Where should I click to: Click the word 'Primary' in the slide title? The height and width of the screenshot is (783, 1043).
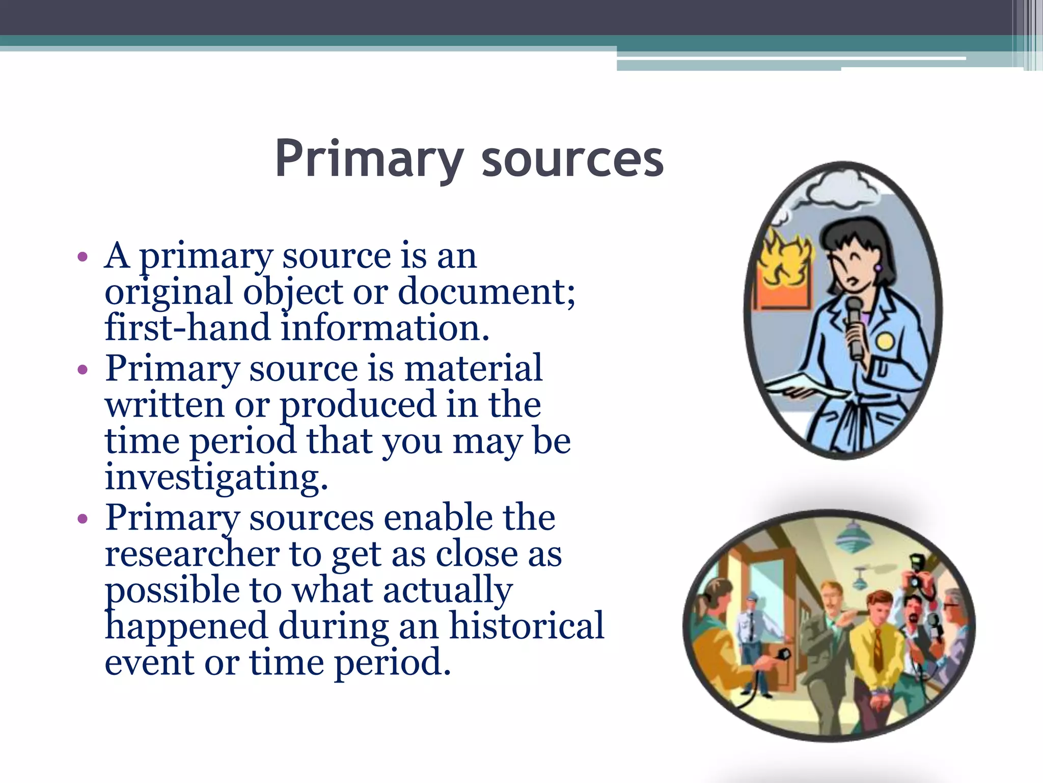pyautogui.click(x=369, y=160)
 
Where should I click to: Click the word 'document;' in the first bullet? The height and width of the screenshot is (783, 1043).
pyautogui.click(x=486, y=292)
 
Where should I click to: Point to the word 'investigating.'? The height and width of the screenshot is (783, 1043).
pyautogui.click(x=216, y=478)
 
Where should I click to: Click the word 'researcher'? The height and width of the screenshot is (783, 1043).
pyautogui.click(x=192, y=554)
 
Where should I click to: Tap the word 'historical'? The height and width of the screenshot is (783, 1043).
pyautogui.click(x=526, y=625)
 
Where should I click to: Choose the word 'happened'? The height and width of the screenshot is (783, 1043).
pyautogui.click(x=186, y=627)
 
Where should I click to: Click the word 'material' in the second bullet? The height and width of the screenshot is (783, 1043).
pyautogui.click(x=473, y=368)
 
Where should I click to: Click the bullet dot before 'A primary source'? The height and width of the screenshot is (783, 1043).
pyautogui.click(x=82, y=256)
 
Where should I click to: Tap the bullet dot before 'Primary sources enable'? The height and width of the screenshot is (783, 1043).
pyautogui.click(x=82, y=519)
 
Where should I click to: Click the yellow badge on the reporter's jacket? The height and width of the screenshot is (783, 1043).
pyautogui.click(x=885, y=341)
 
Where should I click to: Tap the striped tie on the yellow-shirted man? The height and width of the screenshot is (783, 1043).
pyautogui.click(x=877, y=650)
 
